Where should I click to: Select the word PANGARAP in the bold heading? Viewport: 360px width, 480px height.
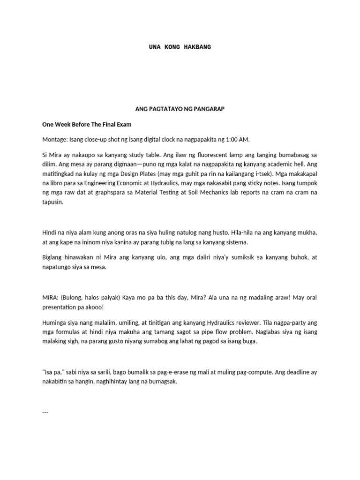pos(210,109)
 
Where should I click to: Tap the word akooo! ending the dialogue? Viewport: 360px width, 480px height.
pos(91,308)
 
